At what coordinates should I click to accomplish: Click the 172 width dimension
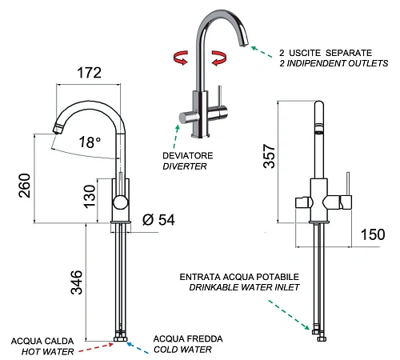90,73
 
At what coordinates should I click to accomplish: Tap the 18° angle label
90,142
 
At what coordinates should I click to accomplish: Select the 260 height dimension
25,186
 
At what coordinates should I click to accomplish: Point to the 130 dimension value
90,197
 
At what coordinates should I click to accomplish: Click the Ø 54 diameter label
158,220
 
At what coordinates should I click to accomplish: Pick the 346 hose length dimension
77,282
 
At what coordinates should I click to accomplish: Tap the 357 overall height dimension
269,156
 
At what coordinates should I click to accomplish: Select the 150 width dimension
373,234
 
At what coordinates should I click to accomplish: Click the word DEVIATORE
188,156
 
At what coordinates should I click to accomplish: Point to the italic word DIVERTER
185,166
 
